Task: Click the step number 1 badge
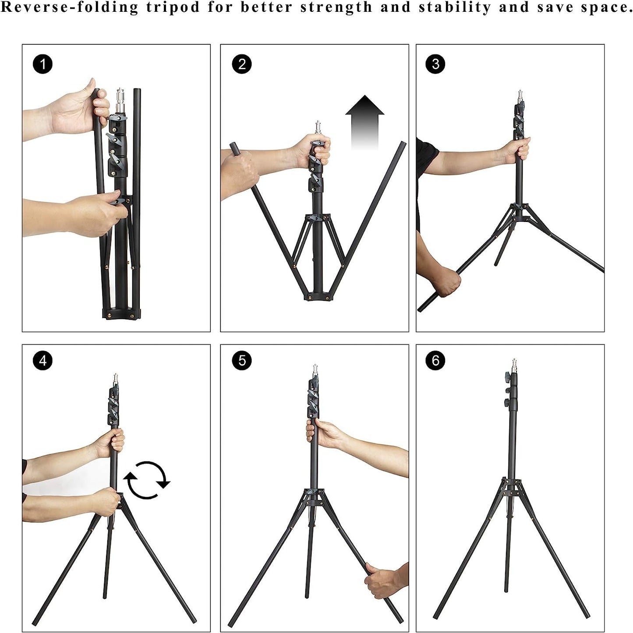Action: [42, 64]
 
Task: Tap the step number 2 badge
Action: [242, 64]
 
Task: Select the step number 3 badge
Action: [435, 64]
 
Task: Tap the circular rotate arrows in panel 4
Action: [146, 480]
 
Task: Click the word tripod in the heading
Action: [173, 8]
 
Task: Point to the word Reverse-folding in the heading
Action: [70, 8]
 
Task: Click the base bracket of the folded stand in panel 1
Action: [122, 313]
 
